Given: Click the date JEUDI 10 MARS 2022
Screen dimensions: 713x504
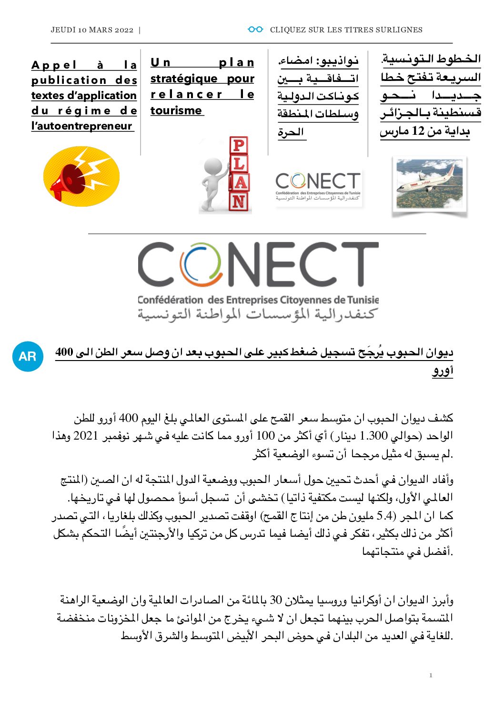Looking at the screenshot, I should coord(92,30).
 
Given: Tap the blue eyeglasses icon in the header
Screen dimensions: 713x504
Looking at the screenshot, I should coord(255,30).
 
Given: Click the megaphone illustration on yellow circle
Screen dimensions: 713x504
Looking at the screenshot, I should coord(81,176).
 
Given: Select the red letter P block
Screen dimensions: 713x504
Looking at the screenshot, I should coord(239,145).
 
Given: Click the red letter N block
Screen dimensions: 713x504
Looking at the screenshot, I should coord(239,202).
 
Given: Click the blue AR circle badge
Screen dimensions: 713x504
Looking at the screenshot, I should coord(28,356).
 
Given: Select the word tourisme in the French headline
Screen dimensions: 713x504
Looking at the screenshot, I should coord(176,110).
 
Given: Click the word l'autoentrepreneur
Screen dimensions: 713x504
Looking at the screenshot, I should coord(81,126).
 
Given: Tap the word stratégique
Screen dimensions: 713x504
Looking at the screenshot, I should coord(184,79).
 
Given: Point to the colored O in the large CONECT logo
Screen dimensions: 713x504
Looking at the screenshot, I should coord(201,265).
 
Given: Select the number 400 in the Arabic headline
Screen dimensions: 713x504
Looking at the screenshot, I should coord(64,352).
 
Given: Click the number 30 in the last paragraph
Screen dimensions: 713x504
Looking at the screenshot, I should coord(276,600).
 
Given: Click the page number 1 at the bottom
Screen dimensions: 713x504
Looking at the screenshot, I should coord(431,675).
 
